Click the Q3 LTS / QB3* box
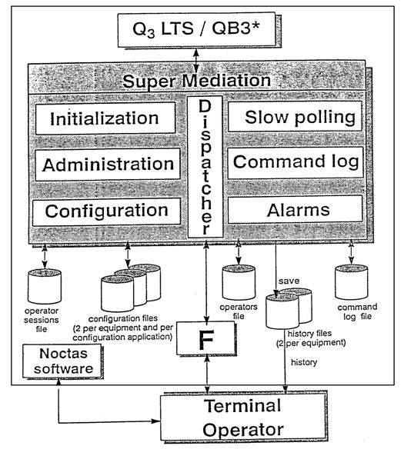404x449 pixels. click(x=197, y=29)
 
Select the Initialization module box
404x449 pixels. click(x=105, y=118)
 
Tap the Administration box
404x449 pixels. click(x=108, y=165)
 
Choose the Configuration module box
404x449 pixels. click(x=107, y=211)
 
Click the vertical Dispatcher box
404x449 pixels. click(x=205, y=167)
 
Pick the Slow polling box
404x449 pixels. click(x=295, y=117)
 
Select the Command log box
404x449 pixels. click(x=295, y=162)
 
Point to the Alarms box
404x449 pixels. click(x=295, y=210)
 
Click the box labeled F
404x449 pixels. click(x=205, y=338)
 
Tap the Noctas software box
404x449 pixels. click(x=62, y=361)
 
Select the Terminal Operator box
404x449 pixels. click(x=243, y=417)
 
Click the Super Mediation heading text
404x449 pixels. click(x=196, y=81)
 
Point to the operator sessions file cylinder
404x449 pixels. click(x=45, y=286)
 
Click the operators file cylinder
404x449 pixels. click(x=239, y=282)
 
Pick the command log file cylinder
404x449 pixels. click(x=351, y=282)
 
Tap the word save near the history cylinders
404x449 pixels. click(x=289, y=281)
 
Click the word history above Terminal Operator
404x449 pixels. click(x=304, y=362)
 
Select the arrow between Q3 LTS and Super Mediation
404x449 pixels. click(x=196, y=61)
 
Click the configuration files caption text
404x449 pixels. click(x=123, y=328)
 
